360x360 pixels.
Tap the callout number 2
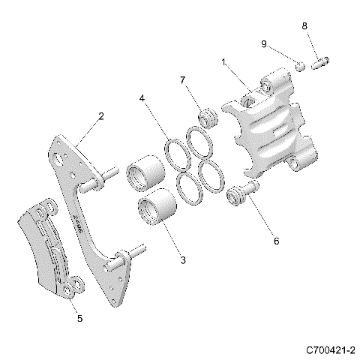pyautogui.click(x=100, y=116)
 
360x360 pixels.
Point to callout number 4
pyautogui.click(x=142, y=99)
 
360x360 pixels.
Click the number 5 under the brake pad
pyautogui.click(x=79, y=318)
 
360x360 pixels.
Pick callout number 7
pyautogui.click(x=182, y=80)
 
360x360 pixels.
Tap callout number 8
pyautogui.click(x=304, y=25)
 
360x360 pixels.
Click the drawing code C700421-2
pyautogui.click(x=330, y=349)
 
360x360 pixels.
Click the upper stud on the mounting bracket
pyautogui.click(x=104, y=176)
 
